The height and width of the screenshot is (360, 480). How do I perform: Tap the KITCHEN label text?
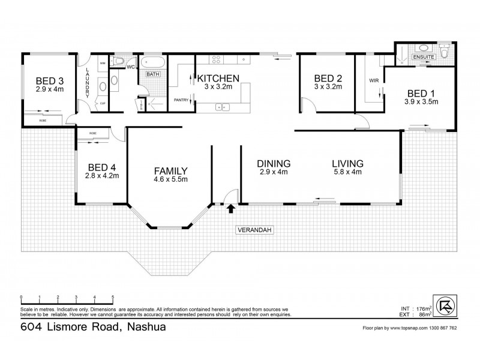218,78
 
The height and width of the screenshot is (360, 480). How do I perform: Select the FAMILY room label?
171,170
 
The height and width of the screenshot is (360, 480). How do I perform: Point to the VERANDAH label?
251,229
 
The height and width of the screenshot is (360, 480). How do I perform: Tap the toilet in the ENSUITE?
444,54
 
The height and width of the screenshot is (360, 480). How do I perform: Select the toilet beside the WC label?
119,61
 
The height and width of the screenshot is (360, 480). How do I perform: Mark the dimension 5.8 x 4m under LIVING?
348,172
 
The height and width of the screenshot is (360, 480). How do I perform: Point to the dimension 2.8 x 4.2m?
102,176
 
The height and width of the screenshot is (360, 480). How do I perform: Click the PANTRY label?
182,100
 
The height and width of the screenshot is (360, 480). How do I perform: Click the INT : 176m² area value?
421,309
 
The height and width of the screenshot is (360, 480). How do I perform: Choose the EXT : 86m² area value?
421,314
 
